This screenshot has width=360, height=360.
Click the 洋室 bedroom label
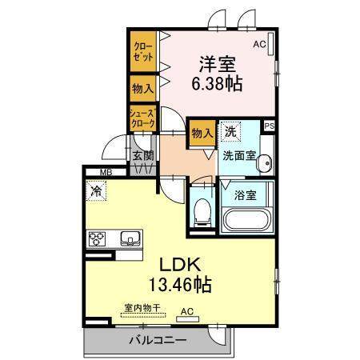(218, 64)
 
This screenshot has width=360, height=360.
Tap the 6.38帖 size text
(217, 84)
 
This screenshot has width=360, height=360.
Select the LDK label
(180, 265)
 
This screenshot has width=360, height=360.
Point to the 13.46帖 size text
(180, 284)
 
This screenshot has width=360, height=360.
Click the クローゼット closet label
(143, 52)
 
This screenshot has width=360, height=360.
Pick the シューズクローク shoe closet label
(142, 118)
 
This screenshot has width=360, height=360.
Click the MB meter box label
(106, 172)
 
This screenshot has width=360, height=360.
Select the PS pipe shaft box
(270, 126)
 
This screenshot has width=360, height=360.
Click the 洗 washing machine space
(230, 132)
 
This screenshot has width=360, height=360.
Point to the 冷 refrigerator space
(96, 190)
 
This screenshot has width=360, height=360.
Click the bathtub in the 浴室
(246, 220)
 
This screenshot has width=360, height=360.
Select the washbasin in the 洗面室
(265, 162)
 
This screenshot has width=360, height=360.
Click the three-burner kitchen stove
(97, 238)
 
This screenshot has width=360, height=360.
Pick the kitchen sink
(130, 238)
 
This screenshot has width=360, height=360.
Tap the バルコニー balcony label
(158, 341)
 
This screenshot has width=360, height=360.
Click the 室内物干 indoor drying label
(142, 307)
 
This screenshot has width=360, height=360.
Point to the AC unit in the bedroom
(271, 44)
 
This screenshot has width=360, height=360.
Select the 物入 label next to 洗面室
(202, 133)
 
